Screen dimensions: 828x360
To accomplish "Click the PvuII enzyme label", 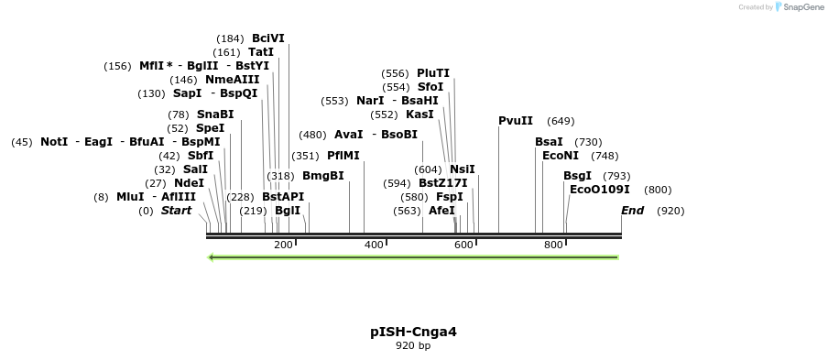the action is click(516, 121).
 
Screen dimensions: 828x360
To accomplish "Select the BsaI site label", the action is click(549, 142).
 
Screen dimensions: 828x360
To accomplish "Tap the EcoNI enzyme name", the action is click(560, 156).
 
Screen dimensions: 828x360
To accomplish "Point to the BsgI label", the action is click(577, 176).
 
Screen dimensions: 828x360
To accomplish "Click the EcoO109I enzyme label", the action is click(600, 190).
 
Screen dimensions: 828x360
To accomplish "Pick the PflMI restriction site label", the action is click(343, 156).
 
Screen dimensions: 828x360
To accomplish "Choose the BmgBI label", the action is click(322, 176).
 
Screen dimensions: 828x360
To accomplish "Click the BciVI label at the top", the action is click(267, 38).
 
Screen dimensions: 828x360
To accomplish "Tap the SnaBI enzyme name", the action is click(215, 115).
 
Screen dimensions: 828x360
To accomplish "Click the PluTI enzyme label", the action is click(433, 73).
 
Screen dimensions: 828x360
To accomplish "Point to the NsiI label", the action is click(463, 169).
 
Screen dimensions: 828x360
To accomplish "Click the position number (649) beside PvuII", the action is click(561, 121).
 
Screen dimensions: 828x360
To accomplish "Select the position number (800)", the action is click(658, 190).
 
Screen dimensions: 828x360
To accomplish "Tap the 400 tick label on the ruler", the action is click(373, 245).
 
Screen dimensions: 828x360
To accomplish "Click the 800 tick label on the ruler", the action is click(552, 245).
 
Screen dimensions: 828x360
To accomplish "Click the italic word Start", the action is click(176, 211).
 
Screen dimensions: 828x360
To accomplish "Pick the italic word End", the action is click(632, 211).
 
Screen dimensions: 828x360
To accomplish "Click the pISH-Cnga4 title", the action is click(413, 332).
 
